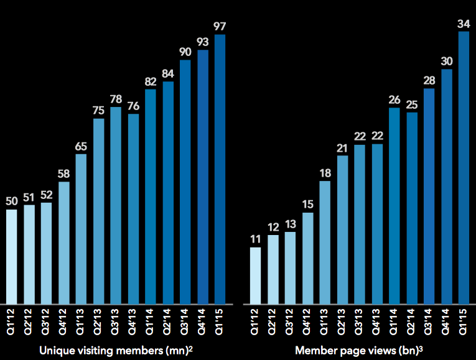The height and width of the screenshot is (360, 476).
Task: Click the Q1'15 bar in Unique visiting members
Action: [220, 168]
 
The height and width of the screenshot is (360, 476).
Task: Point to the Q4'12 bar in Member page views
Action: [307, 257]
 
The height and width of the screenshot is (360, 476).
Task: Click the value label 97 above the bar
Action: [220, 26]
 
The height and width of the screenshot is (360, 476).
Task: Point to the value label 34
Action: [464, 23]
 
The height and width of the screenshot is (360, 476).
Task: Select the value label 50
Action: [11, 201]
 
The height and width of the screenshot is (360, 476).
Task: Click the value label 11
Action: [255, 239]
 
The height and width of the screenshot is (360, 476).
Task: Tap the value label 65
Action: [81, 146]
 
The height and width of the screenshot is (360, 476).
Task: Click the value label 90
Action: [185, 52]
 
